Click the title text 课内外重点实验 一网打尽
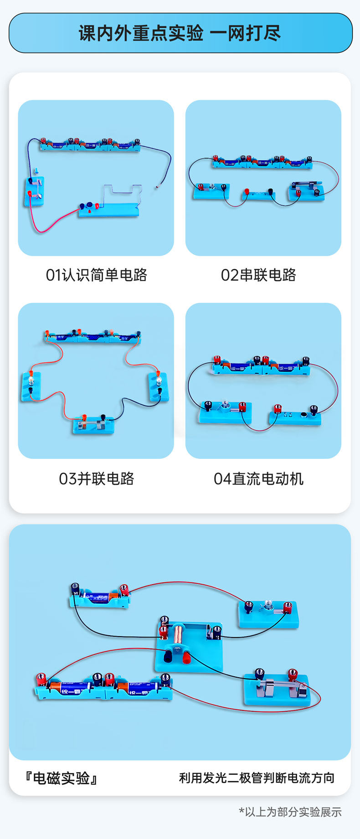tap(180, 33)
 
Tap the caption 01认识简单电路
tap(96, 275)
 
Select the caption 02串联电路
tap(258, 275)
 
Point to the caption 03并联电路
tap(96, 479)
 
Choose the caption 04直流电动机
tap(258, 479)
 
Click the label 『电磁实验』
tap(61, 777)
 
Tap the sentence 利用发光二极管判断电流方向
tap(257, 777)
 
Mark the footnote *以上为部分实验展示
tap(290, 812)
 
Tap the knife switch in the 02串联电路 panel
tap(306, 189)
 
